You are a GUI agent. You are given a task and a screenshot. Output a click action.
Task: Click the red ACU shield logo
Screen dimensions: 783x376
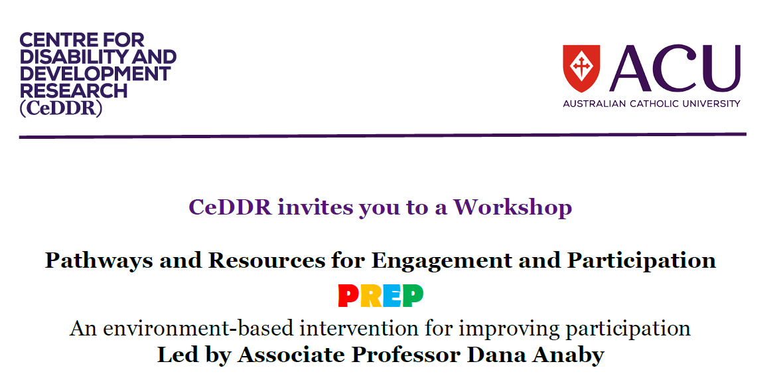581,68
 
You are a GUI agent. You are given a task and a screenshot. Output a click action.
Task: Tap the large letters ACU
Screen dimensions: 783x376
674,68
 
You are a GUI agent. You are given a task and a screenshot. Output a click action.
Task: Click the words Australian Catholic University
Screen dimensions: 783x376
652,104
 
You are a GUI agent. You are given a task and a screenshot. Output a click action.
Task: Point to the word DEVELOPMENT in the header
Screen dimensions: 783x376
95,74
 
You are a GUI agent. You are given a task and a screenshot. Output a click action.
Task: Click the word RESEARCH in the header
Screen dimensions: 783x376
74,91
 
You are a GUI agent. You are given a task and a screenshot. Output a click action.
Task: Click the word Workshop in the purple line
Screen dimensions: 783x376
512,207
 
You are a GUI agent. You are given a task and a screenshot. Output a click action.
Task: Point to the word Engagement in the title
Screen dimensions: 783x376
435,260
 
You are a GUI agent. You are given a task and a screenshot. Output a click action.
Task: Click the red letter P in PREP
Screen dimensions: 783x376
348,296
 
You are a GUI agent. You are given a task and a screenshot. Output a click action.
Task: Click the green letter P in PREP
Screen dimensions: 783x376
413,296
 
